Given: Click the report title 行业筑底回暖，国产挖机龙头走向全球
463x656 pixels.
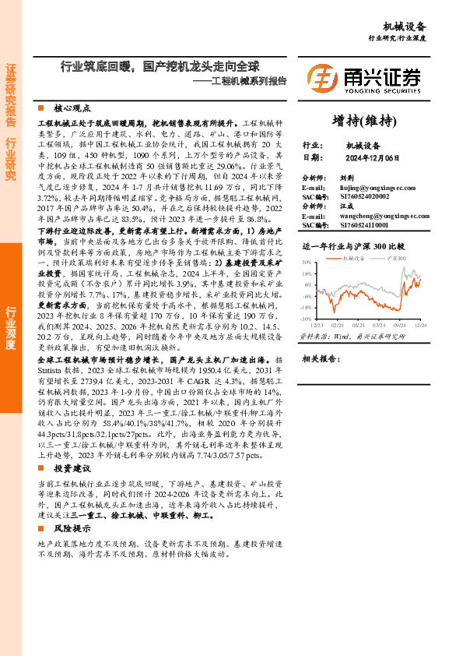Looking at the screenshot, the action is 160,67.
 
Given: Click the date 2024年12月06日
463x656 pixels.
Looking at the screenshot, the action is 372,157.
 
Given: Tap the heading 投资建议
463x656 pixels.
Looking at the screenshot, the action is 72,467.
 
